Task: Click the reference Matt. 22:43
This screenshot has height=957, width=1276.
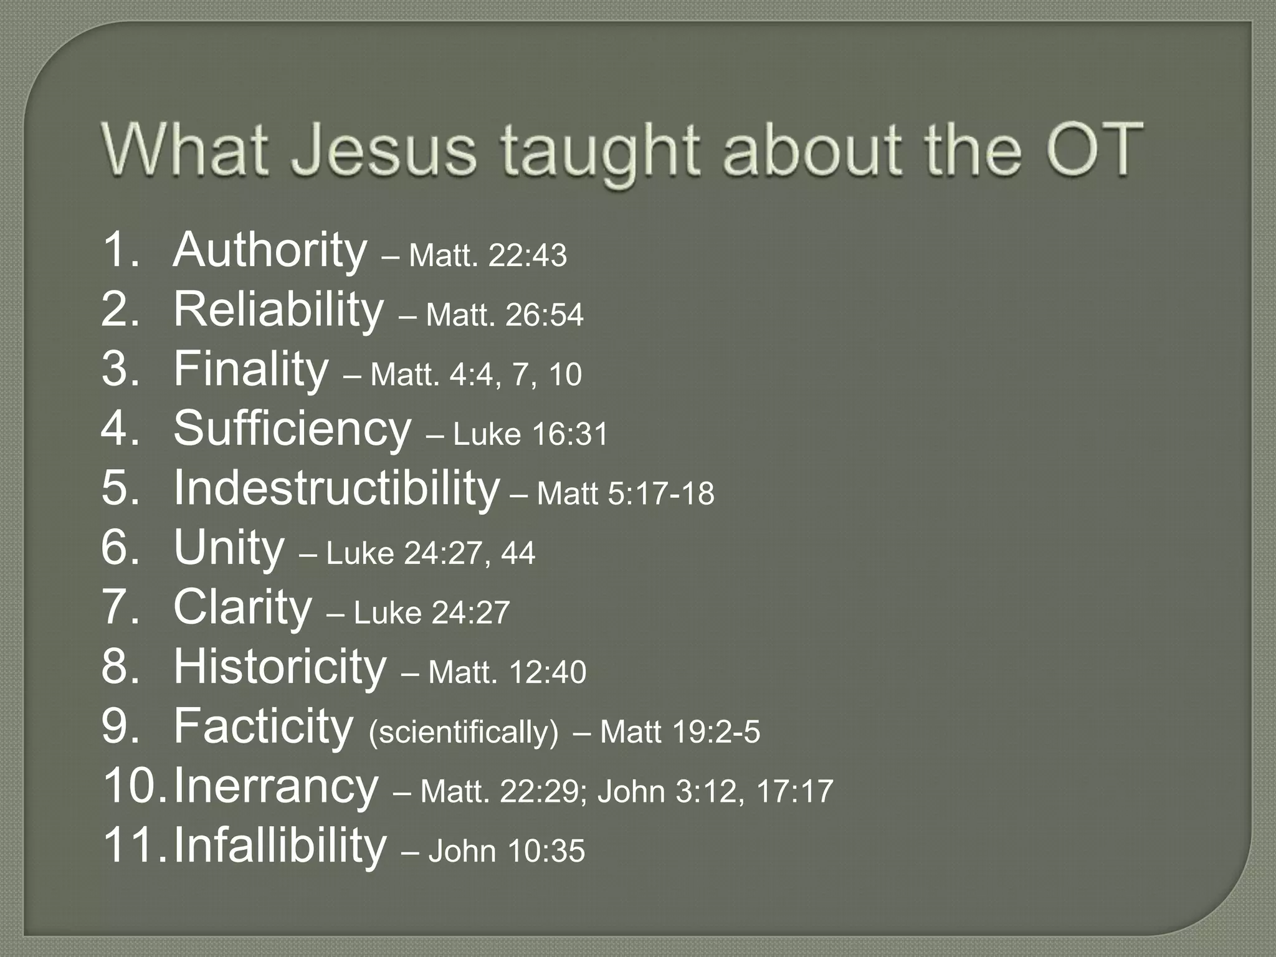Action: [488, 255]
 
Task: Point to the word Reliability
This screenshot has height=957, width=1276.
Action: [278, 310]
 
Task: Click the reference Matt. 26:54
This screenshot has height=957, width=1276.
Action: [505, 315]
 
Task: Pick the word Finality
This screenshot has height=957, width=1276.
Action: [250, 369]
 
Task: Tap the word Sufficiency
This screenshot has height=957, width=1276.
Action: [292, 429]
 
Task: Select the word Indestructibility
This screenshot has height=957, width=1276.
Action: [336, 488]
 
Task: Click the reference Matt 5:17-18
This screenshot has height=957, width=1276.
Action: [626, 493]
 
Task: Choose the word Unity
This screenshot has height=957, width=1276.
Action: [229, 548]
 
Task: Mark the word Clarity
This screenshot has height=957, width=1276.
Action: [242, 607]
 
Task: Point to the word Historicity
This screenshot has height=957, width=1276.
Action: [279, 667]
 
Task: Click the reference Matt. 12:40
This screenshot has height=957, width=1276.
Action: [507, 672]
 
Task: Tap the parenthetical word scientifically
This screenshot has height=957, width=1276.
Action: [464, 732]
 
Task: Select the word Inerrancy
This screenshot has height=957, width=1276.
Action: [275, 786]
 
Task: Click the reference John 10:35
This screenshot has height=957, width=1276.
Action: [507, 851]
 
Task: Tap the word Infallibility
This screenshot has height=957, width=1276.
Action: [279, 845]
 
